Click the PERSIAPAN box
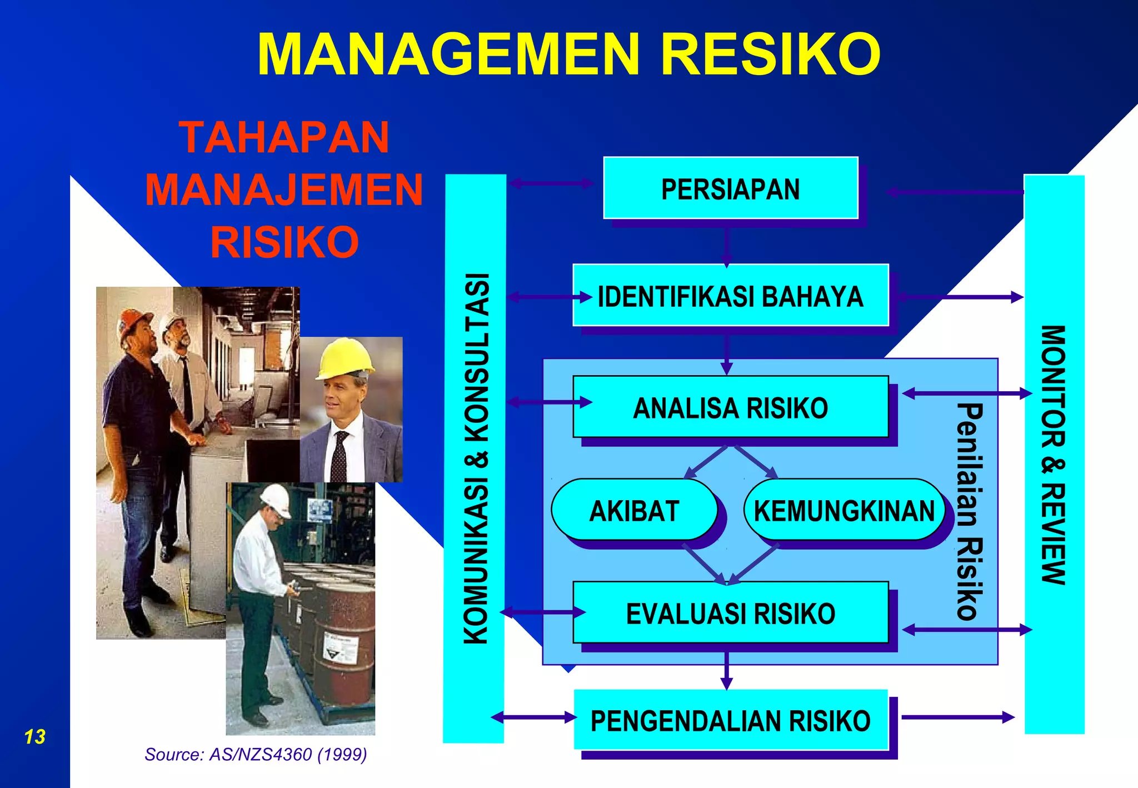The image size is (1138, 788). [x=730, y=188]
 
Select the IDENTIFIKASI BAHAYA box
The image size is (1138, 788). [x=730, y=296]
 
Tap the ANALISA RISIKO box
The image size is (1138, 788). [x=730, y=407]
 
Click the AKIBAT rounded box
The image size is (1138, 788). [x=634, y=511]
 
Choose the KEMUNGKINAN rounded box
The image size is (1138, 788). [x=844, y=511]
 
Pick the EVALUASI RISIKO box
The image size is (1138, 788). [x=730, y=614]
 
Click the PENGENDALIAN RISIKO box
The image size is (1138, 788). [x=730, y=721]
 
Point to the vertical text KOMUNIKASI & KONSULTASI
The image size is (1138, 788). [x=476, y=458]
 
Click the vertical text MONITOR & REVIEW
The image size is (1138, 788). [x=1053, y=455]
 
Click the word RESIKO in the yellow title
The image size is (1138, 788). [x=770, y=54]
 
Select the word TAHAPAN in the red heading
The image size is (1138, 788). [x=284, y=137]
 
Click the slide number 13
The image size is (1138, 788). [x=34, y=737]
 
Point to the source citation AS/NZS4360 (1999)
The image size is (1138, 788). [x=256, y=754]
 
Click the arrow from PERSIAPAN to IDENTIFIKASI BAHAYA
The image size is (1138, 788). [x=726, y=245]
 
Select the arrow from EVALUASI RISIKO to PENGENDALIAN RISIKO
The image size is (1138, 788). [x=726, y=670]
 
